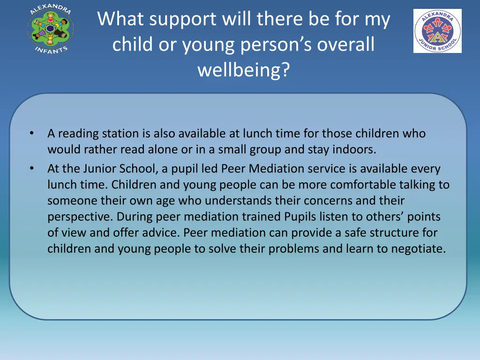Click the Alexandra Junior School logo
[437, 31]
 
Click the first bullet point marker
[31, 133]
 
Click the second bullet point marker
[31, 168]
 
